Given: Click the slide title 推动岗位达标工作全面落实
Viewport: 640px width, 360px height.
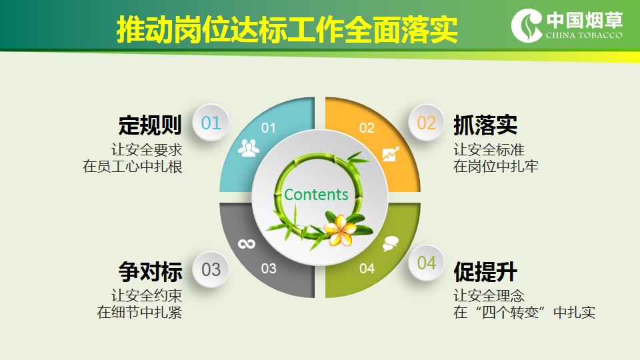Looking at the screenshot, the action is pyautogui.click(x=287, y=29).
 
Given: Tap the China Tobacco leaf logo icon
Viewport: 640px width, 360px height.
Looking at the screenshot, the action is pyautogui.click(x=527, y=25).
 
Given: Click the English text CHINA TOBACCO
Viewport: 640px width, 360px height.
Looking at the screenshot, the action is pyautogui.click(x=584, y=35).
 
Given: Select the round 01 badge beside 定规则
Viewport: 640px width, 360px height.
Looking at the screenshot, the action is pyautogui.click(x=211, y=123).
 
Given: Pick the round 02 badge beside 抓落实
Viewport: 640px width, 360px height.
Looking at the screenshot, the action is pyautogui.click(x=426, y=123).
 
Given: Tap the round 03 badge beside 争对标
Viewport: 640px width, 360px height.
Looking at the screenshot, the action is pyautogui.click(x=211, y=269).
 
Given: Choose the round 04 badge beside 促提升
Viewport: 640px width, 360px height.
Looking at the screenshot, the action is pyautogui.click(x=426, y=263).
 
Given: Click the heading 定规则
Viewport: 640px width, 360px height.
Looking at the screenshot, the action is pyautogui.click(x=150, y=125).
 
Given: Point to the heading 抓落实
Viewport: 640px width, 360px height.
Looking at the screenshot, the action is pyautogui.click(x=485, y=125).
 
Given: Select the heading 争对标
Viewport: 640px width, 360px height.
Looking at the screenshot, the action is pyautogui.click(x=150, y=271).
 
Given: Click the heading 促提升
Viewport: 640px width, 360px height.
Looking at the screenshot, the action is pyautogui.click(x=485, y=271).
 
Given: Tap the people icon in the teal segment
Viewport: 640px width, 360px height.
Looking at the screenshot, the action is pyautogui.click(x=248, y=148).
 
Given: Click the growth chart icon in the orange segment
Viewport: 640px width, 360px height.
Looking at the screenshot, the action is pyautogui.click(x=391, y=154).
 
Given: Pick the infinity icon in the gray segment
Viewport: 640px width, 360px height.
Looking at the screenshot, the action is pyautogui.click(x=247, y=244).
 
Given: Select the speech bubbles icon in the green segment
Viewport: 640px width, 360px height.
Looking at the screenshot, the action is pyautogui.click(x=390, y=244).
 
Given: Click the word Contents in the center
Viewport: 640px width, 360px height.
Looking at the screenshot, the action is pyautogui.click(x=316, y=194).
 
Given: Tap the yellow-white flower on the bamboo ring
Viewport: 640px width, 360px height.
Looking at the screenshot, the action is pyautogui.click(x=339, y=231).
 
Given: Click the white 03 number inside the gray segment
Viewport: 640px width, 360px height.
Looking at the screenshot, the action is pyautogui.click(x=269, y=268).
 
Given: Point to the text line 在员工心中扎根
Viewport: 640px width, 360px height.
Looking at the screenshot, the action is pyautogui.click(x=132, y=167).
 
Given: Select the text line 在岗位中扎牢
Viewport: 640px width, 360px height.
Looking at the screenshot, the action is pyautogui.click(x=496, y=167).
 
